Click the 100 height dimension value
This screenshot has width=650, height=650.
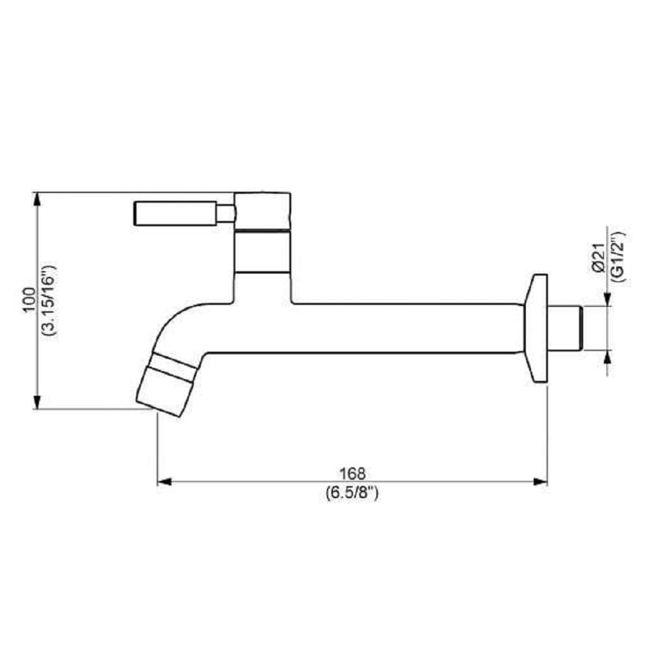[x=29, y=300]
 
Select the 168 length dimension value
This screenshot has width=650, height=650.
[x=352, y=473]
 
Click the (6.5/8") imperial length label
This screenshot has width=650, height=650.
[x=352, y=492]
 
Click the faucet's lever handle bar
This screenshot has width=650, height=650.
[x=174, y=213]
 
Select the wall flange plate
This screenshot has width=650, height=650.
[x=537, y=328]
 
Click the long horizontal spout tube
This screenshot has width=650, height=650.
[x=390, y=328]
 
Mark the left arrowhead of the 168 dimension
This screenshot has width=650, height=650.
[x=163, y=482]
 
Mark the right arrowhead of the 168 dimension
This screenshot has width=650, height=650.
[x=541, y=482]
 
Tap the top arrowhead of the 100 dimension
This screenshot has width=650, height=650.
[x=38, y=199]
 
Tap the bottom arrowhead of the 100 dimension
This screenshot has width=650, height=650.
[x=38, y=402]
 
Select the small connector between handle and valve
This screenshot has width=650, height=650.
[x=226, y=213]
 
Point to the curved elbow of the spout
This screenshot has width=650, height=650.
[x=179, y=325]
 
